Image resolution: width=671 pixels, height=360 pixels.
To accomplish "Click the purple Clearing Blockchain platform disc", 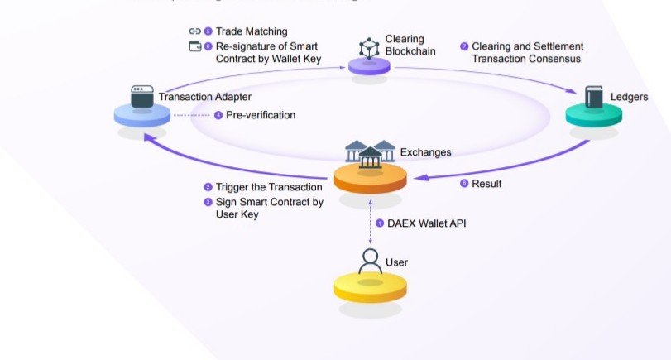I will tap(369, 65).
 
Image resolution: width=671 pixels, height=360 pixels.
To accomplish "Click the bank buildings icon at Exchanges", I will tap(369, 153).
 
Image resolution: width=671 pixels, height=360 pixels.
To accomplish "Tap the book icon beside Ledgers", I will tap(593, 97).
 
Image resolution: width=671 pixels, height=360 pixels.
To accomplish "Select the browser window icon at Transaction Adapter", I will tap(142, 95).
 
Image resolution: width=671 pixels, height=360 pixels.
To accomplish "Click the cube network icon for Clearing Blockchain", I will tap(368, 48).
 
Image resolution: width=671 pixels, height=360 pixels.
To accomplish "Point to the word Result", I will tap(486, 184).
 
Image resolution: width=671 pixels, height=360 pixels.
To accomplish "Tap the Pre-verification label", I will tap(260, 115).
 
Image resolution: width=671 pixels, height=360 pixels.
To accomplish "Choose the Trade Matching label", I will tap(252, 31).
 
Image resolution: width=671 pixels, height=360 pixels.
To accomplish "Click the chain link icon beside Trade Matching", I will tap(195, 31).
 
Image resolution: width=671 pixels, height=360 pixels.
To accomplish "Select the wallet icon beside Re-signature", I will tap(195, 46).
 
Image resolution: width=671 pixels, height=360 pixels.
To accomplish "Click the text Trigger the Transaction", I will tap(269, 187).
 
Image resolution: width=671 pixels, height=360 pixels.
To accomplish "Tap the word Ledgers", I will tap(629, 97).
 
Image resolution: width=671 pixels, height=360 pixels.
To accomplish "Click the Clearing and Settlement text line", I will tap(527, 46).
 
